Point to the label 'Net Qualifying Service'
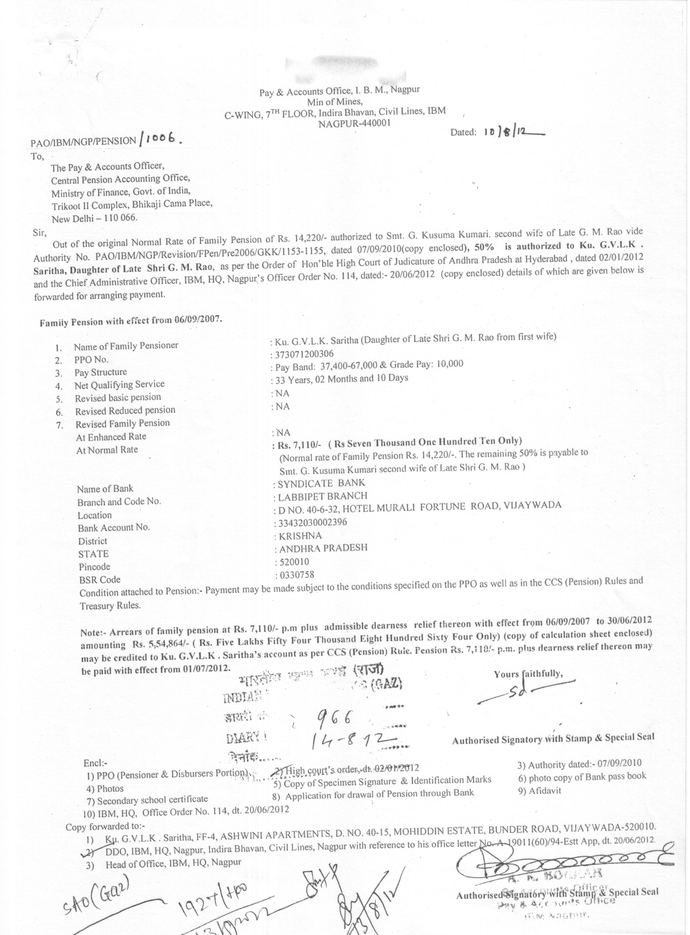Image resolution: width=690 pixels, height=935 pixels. click(119, 384)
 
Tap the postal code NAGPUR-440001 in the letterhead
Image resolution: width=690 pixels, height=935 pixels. click(355, 123)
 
